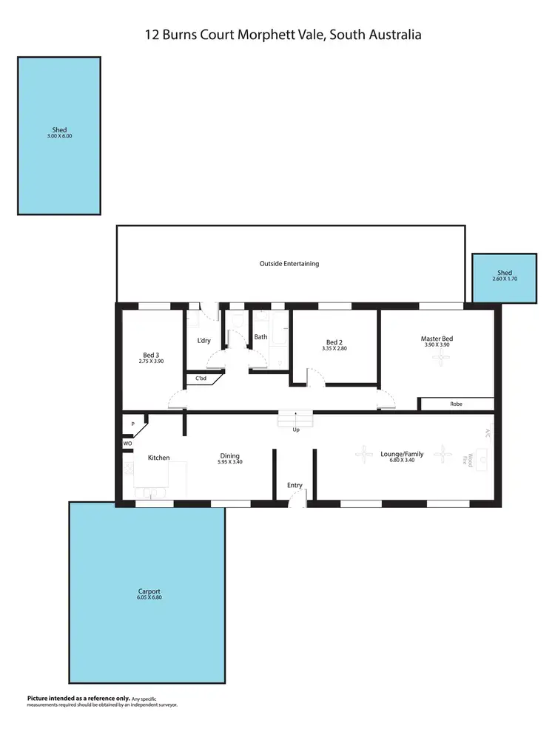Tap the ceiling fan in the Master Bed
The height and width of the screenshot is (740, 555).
(441, 359)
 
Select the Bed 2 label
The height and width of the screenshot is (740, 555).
(334, 342)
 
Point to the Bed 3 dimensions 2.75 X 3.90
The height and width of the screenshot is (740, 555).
(151, 361)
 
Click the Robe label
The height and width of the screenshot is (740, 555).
(456, 404)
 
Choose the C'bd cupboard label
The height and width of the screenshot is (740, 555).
(201, 379)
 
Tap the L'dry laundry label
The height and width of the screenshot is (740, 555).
(204, 341)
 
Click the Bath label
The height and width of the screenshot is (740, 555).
(260, 337)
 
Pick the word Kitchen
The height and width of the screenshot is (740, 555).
(158, 458)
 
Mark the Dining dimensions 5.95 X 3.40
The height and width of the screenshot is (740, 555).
(229, 462)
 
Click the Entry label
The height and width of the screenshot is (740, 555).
(295, 485)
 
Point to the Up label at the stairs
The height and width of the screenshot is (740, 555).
(295, 429)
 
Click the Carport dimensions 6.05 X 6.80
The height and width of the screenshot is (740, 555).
(149, 597)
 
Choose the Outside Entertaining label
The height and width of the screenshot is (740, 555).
(289, 264)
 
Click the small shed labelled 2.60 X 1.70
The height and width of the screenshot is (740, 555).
(504, 279)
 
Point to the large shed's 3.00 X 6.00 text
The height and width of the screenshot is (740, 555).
(59, 137)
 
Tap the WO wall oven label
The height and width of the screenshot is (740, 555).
(127, 443)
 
